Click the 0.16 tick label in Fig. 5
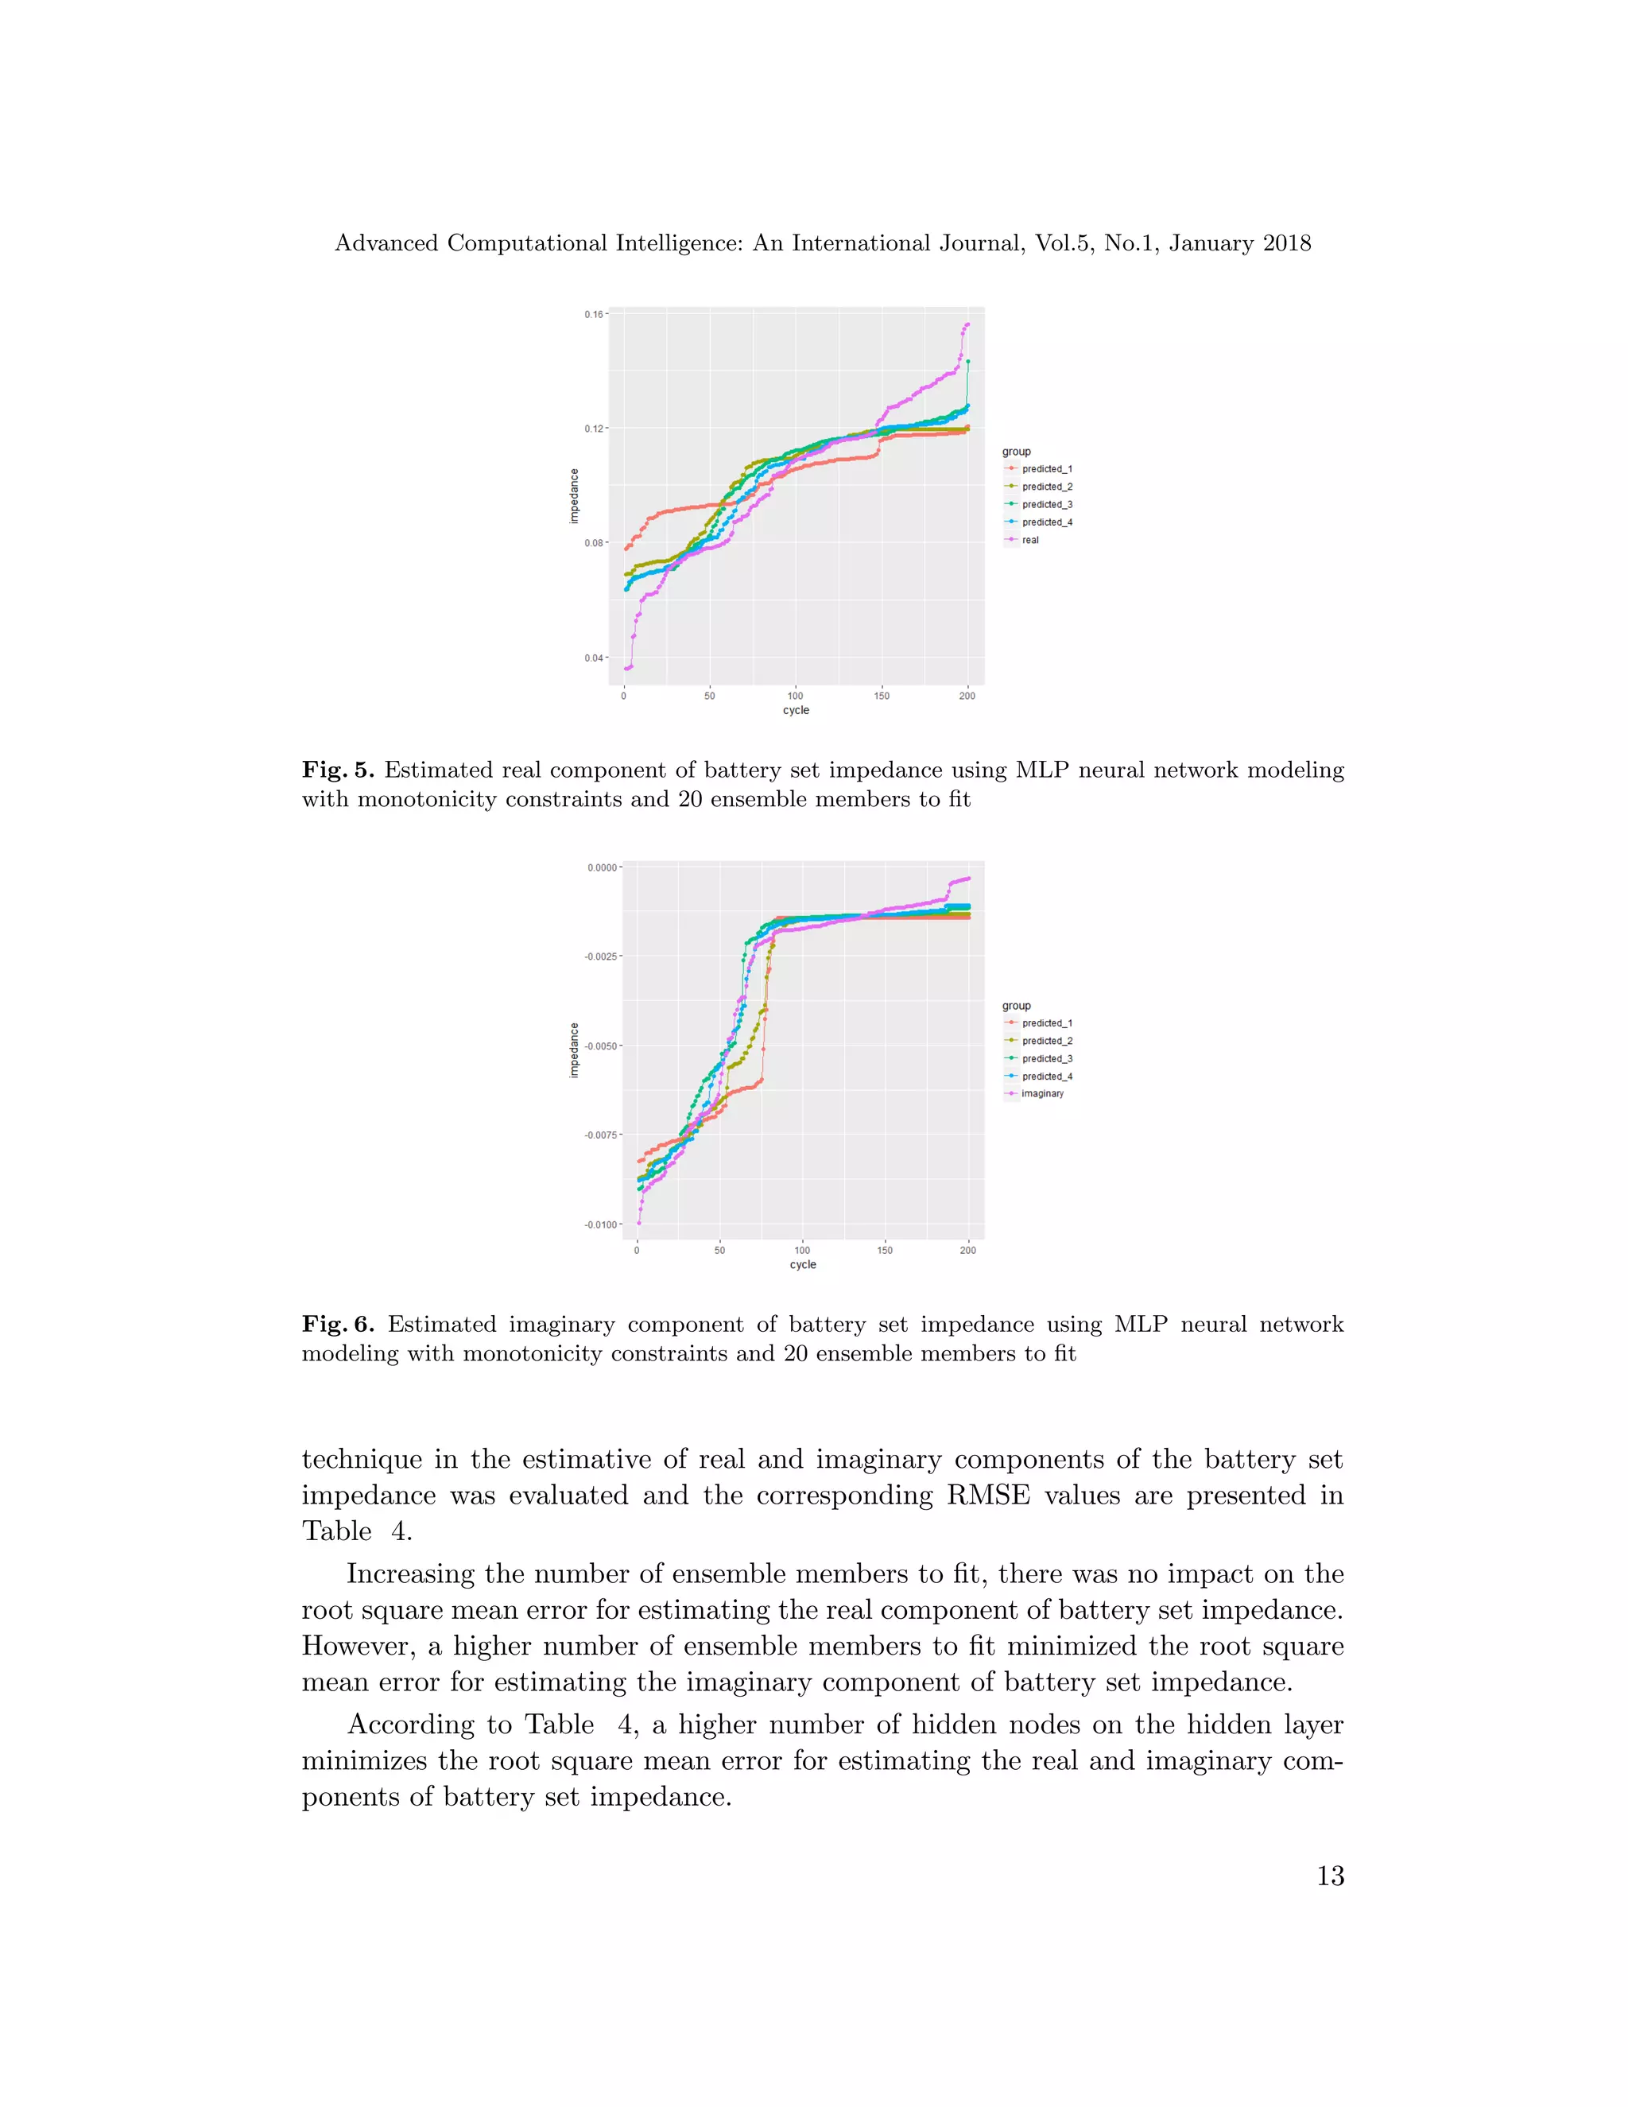[x=593, y=315]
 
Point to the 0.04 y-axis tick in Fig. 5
[x=593, y=658]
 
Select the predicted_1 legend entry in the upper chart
[x=1046, y=469]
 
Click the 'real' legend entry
[x=1030, y=540]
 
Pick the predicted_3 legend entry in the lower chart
[x=1046, y=1058]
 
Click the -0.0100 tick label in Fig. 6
[x=600, y=1225]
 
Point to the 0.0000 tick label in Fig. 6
[x=602, y=867]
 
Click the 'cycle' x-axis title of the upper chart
[x=796, y=711]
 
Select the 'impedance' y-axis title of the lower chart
[x=575, y=1050]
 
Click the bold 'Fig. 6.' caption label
[x=338, y=1325]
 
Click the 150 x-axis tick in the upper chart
[x=882, y=696]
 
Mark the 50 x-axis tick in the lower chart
[x=719, y=1251]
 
